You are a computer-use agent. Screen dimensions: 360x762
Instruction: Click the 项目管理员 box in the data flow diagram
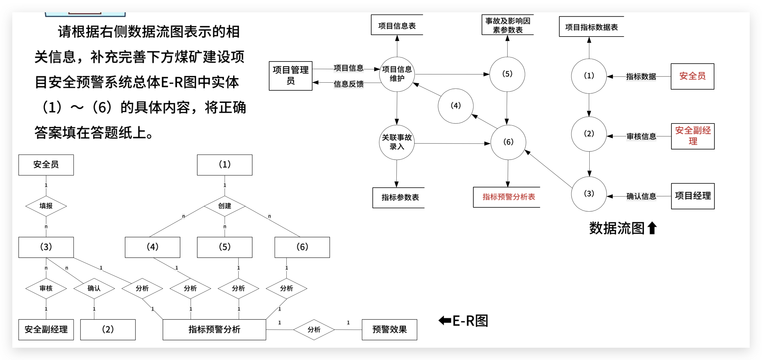(290, 76)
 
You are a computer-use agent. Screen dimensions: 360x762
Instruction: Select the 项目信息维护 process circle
(397, 74)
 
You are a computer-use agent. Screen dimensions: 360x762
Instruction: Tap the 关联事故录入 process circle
(397, 142)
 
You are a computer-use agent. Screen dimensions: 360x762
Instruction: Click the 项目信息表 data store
(397, 26)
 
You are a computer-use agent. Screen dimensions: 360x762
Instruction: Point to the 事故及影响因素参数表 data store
(507, 25)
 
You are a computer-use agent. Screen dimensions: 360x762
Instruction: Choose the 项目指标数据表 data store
(591, 27)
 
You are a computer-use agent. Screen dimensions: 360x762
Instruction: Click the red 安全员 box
(692, 76)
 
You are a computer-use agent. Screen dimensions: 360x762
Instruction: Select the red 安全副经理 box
(693, 136)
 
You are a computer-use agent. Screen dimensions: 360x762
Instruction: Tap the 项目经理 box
(693, 196)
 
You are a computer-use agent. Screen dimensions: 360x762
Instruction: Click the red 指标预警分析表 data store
(509, 197)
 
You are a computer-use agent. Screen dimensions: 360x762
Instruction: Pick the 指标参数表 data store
(400, 198)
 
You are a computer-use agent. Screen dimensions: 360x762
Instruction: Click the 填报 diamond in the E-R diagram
(46, 206)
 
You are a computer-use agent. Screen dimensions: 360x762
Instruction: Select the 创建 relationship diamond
(225, 206)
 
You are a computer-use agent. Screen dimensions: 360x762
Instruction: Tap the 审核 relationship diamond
(46, 288)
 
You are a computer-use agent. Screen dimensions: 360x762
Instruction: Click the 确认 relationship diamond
(94, 288)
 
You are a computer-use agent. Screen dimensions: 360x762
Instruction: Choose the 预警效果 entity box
(389, 330)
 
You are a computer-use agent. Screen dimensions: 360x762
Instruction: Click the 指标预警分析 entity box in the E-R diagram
(214, 330)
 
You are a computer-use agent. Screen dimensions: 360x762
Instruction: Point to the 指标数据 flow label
(641, 76)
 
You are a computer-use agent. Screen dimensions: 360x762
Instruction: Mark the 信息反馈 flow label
(348, 84)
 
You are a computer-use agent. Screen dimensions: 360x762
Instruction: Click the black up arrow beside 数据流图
(652, 228)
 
